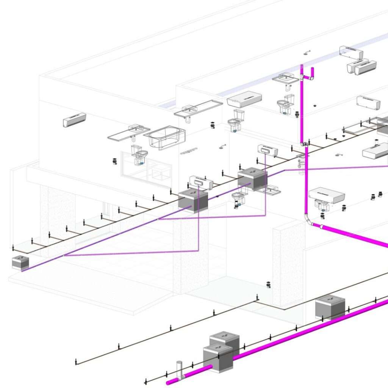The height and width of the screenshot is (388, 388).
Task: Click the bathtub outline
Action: point(166,137)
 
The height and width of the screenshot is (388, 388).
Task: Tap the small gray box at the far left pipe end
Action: point(21,263)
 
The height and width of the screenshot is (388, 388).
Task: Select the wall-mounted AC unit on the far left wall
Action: point(74,120)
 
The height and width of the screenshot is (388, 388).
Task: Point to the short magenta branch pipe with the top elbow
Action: point(312,73)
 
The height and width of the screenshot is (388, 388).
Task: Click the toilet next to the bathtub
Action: point(139,154)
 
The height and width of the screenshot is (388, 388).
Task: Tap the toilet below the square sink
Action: point(285,103)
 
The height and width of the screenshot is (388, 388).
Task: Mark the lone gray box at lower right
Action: point(330,307)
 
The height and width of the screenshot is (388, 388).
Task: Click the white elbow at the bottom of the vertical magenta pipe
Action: point(308,219)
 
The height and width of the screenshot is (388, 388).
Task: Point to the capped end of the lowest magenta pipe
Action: point(171,382)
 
